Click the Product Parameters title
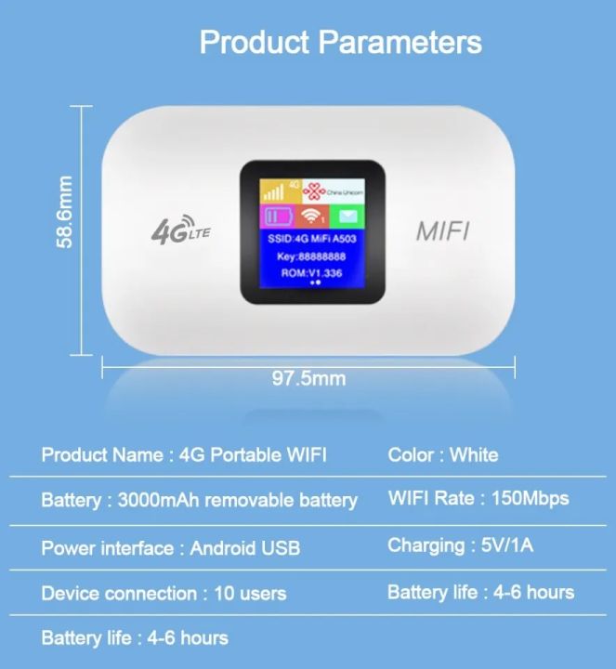point(340,42)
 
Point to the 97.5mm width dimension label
point(308,378)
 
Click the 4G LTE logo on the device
point(180,230)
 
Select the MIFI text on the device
point(441,231)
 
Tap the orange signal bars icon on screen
point(274,192)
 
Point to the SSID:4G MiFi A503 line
point(312,238)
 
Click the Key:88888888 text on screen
point(312,256)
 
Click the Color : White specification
point(442,455)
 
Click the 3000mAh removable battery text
point(238,500)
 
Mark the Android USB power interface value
point(245,547)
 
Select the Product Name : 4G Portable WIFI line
point(184,455)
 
